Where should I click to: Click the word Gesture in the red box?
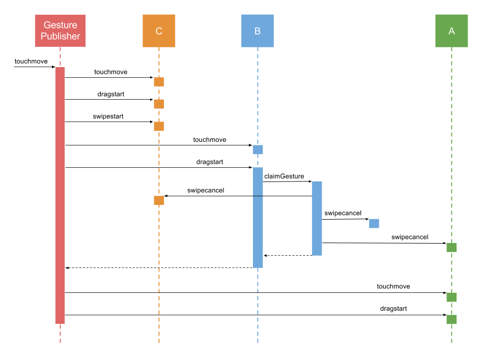pos(60,25)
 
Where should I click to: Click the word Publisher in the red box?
pos(60,36)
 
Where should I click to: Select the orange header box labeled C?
pos(159,31)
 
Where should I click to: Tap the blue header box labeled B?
pos(258,31)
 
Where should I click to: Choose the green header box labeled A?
pos(451,31)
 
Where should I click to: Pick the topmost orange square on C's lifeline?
pos(159,82)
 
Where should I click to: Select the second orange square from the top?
pos(159,104)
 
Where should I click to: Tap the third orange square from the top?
pos(159,127)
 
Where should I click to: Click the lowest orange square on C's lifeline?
pos(159,200)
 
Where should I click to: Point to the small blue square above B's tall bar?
pos(258,149)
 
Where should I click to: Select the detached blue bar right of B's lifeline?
pos(317,218)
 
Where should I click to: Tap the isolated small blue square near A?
pos(374,224)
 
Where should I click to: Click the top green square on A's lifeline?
pos(451,248)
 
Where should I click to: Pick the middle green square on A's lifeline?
pos(451,297)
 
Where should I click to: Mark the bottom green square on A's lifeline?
pos(451,320)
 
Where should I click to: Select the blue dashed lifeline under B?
pos(258,305)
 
